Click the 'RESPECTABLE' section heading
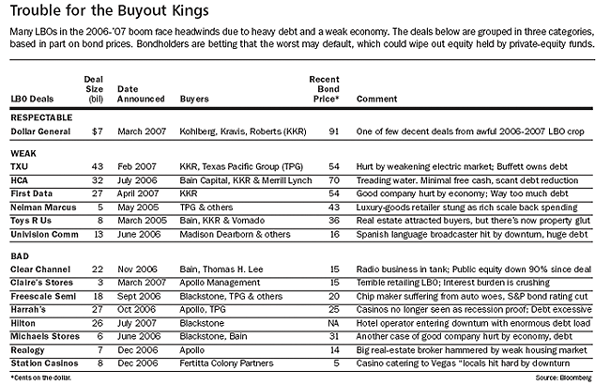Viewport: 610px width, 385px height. click(43, 117)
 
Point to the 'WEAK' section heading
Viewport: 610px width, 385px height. click(24, 149)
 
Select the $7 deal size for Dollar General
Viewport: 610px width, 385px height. click(95, 131)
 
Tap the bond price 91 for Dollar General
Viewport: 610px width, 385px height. click(332, 131)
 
